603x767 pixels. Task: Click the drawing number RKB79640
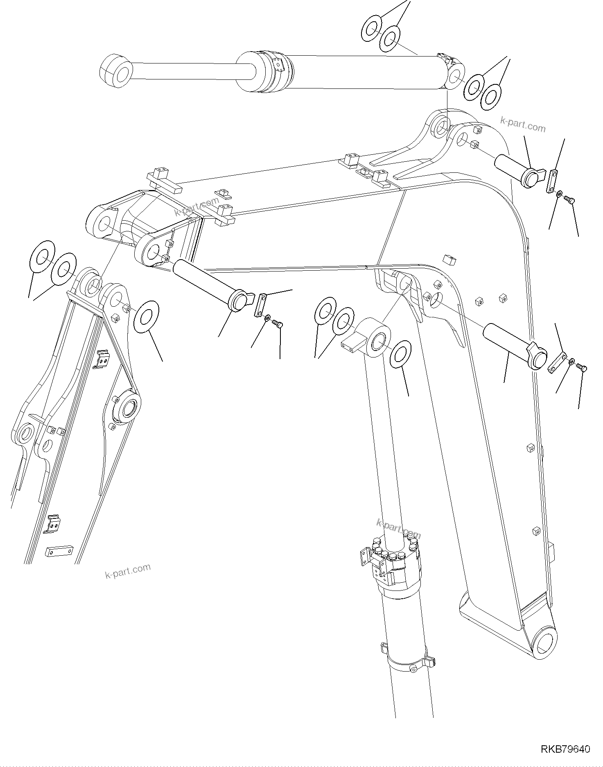click(565, 749)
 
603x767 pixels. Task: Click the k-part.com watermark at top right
click(523, 124)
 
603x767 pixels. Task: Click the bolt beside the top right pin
click(570, 200)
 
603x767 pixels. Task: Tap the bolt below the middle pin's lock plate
click(278, 325)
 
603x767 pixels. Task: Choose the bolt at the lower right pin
click(582, 368)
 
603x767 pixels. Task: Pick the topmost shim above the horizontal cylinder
click(372, 28)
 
